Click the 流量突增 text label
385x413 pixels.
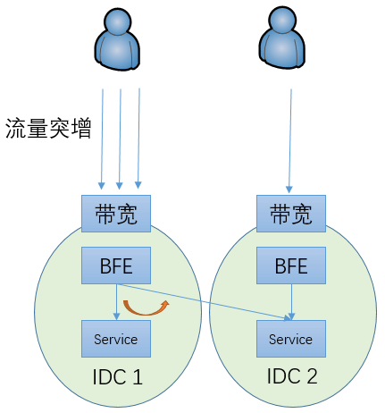(48, 129)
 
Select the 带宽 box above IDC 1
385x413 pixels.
(116, 214)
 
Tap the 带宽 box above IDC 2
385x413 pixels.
(291, 214)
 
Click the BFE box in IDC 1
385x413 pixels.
(116, 265)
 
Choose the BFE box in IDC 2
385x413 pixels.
(291, 265)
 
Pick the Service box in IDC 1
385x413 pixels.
(116, 339)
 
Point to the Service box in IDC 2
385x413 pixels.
(291, 339)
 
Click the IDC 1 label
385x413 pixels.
(118, 377)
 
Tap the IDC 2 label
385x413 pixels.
(292, 376)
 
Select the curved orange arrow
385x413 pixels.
(146, 313)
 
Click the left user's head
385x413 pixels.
(117, 21)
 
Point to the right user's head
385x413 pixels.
(282, 20)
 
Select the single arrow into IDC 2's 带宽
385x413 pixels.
(290, 140)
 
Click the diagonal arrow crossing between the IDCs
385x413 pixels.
(204, 302)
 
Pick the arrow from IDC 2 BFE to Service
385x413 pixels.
(291, 302)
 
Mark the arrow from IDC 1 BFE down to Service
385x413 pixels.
(117, 302)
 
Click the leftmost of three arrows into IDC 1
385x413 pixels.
(102, 139)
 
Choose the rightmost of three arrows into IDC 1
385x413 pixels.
(138, 139)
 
